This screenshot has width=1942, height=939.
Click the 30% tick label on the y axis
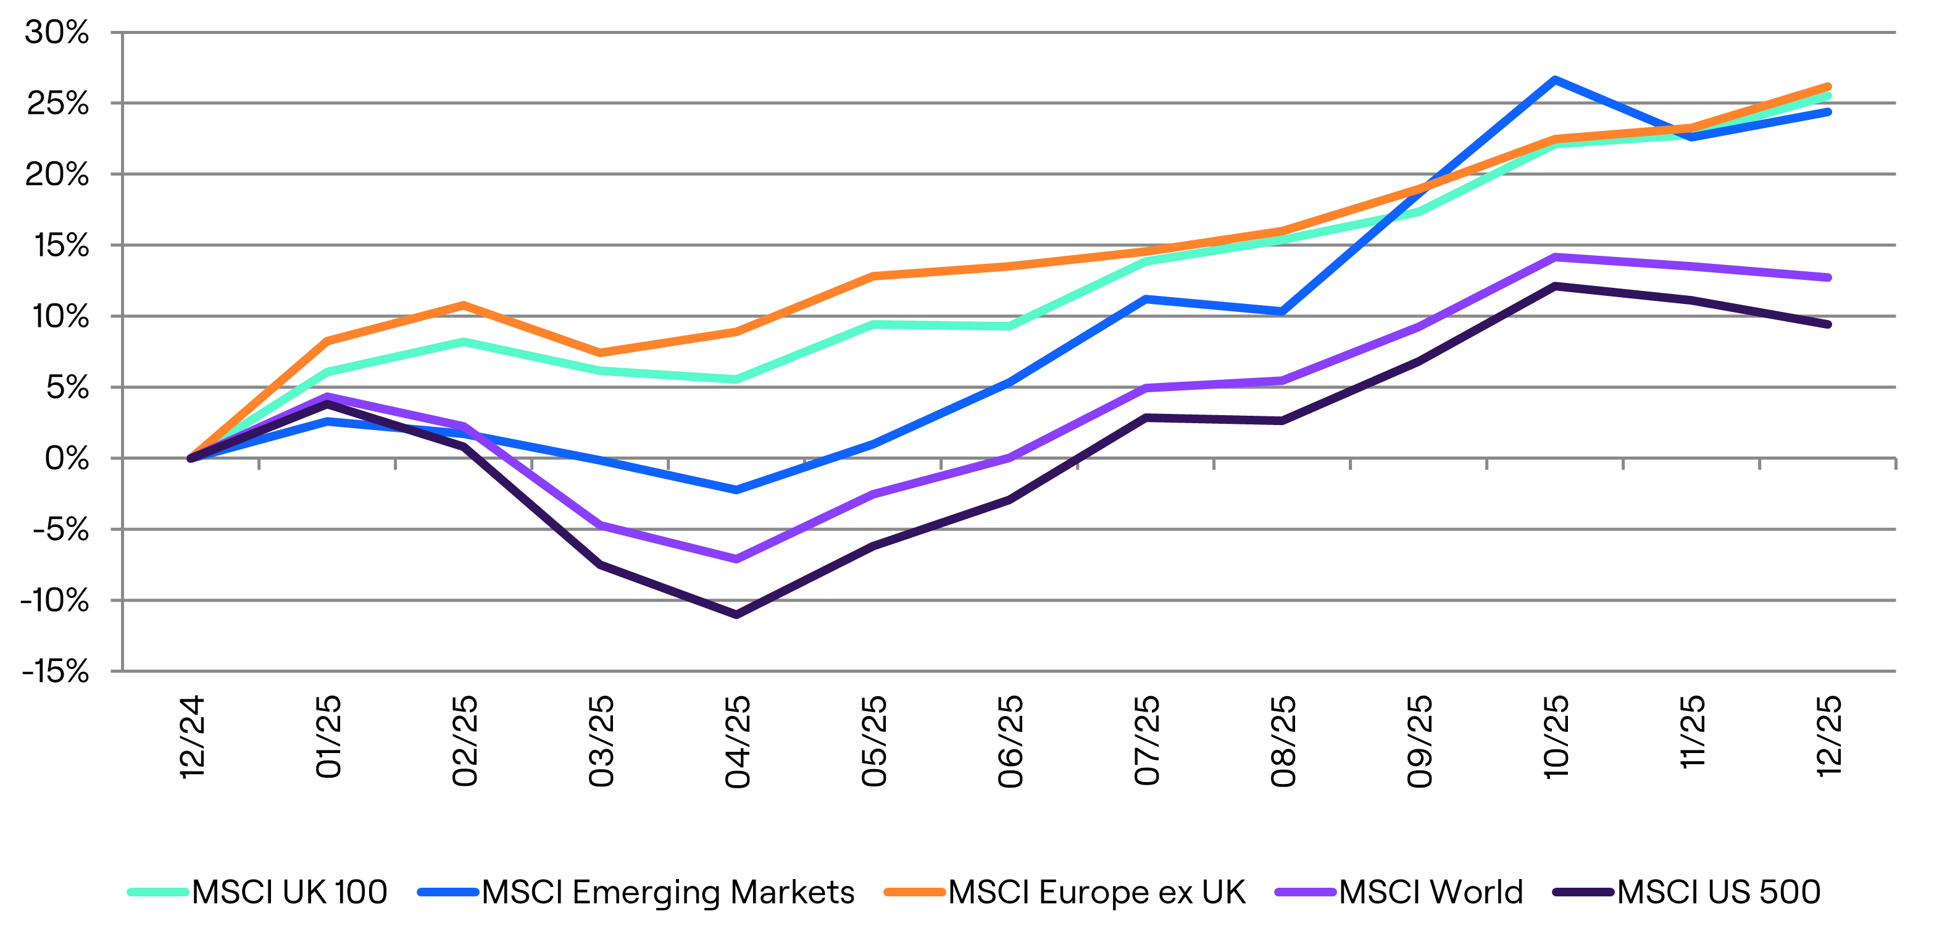pos(57,32)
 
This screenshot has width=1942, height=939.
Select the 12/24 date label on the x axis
pos(192,738)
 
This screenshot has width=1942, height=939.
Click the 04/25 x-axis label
pos(737,742)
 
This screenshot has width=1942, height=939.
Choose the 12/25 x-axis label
pos(1828,737)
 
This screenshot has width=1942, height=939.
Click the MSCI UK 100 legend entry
pos(290,892)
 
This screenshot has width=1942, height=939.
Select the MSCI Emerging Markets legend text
pos(668,892)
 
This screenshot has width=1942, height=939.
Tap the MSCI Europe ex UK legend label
pos(1097,892)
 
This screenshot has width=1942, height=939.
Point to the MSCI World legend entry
pos(1431,892)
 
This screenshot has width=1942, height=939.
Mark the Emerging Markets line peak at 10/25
pos(1555,79)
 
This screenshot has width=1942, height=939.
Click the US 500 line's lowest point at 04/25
pos(736,615)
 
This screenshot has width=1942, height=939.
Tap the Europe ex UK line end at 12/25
pos(1828,86)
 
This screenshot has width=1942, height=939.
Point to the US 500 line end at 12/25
pos(1828,324)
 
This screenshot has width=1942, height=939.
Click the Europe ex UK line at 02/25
pos(464,305)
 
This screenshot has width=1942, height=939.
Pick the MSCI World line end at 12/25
pos(1828,277)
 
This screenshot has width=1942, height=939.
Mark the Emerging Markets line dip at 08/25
pos(1282,311)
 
